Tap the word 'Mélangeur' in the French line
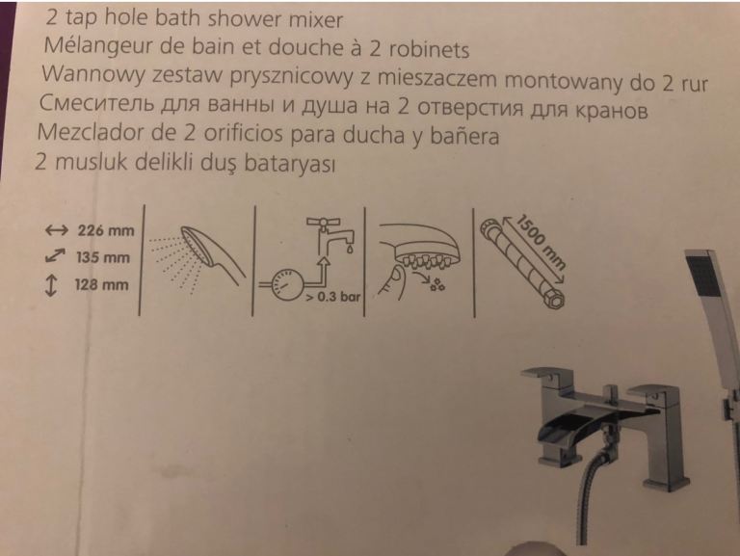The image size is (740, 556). coord(97,46)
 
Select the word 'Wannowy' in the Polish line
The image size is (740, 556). coord(92,74)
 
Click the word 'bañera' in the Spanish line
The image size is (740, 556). coord(463,136)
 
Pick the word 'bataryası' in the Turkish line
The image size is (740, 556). coord(289,163)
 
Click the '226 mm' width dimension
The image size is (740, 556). coord(106,230)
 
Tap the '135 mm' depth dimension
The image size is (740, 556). coord(103,257)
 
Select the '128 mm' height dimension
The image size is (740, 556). coord(101,284)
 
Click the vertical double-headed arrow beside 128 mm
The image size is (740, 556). coord(50,285)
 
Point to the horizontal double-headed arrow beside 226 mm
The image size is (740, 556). coord(56,230)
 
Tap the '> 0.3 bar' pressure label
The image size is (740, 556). coord(332,297)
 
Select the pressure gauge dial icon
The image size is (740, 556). coord(288,284)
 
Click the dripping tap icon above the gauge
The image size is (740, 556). coord(330,235)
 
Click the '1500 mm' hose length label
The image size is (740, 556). coord(541,241)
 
